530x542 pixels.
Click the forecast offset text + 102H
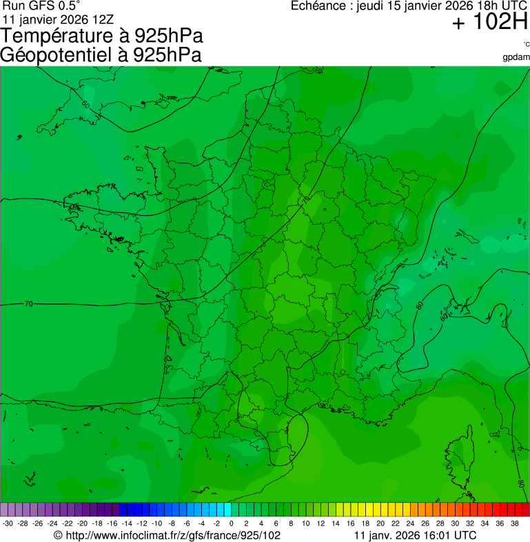click(x=489, y=23)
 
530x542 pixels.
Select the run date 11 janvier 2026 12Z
click(x=58, y=19)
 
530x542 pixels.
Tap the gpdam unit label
click(x=516, y=57)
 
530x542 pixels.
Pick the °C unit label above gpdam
click(x=525, y=45)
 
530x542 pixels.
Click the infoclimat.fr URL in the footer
click(x=172, y=535)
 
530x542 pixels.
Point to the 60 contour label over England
click(x=85, y=104)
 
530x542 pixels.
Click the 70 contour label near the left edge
click(x=28, y=303)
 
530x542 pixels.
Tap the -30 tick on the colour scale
click(x=8, y=523)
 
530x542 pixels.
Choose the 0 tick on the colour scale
click(x=231, y=523)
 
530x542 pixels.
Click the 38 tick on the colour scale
click(x=514, y=523)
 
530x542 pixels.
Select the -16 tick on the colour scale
click(x=112, y=523)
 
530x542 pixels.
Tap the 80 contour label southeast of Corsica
click(x=521, y=483)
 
